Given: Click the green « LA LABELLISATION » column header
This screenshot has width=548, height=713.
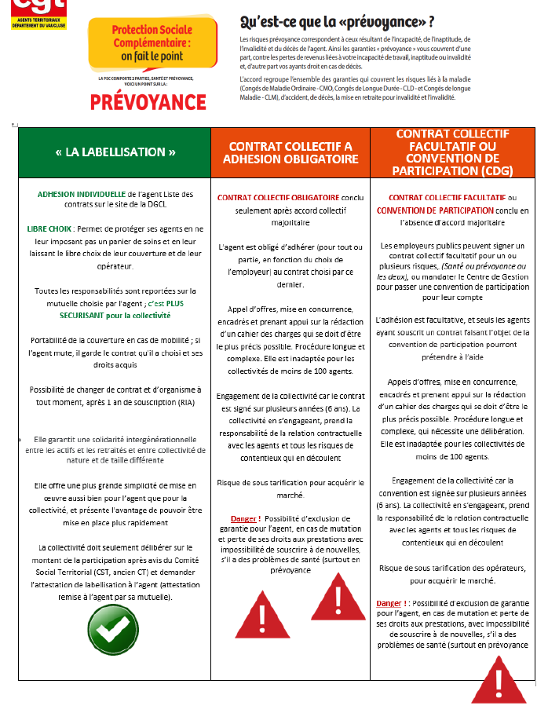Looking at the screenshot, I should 115,152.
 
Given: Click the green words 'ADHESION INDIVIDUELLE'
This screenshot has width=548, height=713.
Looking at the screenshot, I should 81,194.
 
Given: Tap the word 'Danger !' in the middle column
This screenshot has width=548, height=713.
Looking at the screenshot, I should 247,519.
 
